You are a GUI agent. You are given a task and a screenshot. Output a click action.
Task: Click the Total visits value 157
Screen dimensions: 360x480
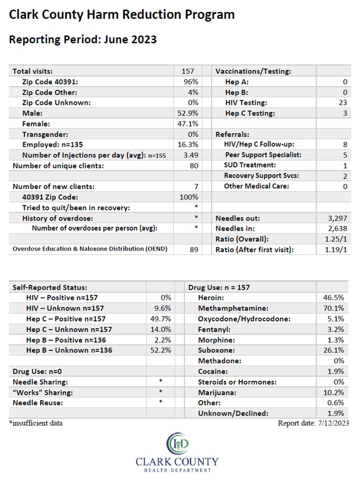(x=188, y=72)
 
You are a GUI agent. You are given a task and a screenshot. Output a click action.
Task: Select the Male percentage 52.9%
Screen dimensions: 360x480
(x=188, y=113)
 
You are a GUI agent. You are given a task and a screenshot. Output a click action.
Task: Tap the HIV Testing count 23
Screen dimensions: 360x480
(x=343, y=103)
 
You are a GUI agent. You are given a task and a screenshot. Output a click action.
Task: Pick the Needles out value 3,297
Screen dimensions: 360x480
(x=337, y=218)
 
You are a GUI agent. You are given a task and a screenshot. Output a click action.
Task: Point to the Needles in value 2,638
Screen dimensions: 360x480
(x=337, y=229)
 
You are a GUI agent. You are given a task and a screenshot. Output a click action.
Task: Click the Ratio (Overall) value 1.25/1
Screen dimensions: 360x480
(x=336, y=239)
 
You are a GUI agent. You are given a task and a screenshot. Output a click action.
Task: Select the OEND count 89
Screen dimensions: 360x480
(x=194, y=249)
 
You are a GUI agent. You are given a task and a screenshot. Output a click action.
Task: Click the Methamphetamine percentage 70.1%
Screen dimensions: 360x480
(x=334, y=308)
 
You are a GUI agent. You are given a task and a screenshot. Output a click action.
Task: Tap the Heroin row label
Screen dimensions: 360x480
(x=211, y=298)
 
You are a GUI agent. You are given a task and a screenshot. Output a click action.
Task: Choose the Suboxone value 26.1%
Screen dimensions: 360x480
(x=334, y=350)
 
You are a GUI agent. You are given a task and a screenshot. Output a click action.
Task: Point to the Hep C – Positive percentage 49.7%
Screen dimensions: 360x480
(x=161, y=319)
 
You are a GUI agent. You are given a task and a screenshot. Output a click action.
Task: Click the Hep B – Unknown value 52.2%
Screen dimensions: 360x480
(x=161, y=350)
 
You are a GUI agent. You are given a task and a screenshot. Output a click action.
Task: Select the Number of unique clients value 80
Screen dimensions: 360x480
(x=194, y=166)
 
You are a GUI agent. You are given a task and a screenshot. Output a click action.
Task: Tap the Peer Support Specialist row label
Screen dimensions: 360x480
(x=263, y=155)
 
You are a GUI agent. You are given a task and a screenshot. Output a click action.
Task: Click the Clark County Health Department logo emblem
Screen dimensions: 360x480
(x=177, y=444)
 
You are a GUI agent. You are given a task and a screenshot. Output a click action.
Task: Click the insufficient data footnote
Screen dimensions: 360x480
(x=36, y=423)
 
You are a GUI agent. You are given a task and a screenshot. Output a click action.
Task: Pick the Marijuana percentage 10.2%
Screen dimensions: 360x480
(x=334, y=392)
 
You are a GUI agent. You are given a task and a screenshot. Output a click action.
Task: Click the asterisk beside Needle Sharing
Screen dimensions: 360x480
(x=161, y=381)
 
